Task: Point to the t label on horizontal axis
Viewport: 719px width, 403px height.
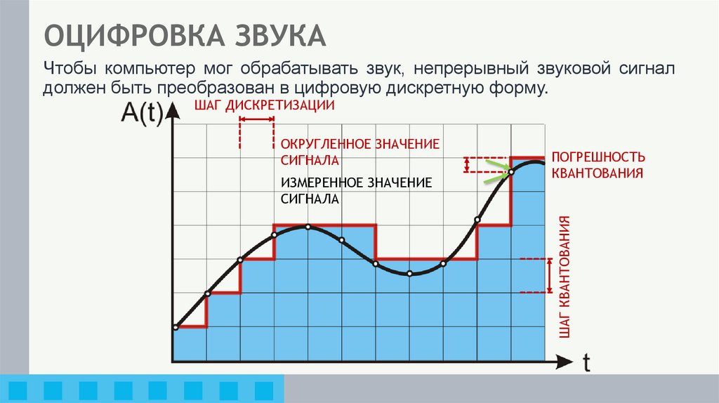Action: click(587, 362)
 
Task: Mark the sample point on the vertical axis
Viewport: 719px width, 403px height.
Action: click(173, 327)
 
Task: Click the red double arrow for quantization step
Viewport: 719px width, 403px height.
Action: click(548, 275)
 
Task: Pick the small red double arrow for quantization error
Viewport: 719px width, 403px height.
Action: click(466, 164)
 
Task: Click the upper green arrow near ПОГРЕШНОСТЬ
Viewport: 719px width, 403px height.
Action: click(496, 166)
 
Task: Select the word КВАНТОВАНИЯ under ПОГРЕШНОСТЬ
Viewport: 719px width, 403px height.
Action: click(598, 173)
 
